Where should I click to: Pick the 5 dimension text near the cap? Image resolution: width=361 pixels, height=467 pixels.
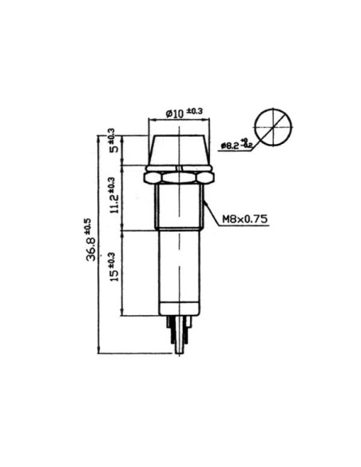pos(113,150)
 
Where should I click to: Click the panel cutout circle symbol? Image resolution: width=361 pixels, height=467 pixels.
pos(272,127)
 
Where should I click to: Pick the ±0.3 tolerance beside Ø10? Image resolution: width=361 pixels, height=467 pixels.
pos(194,111)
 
